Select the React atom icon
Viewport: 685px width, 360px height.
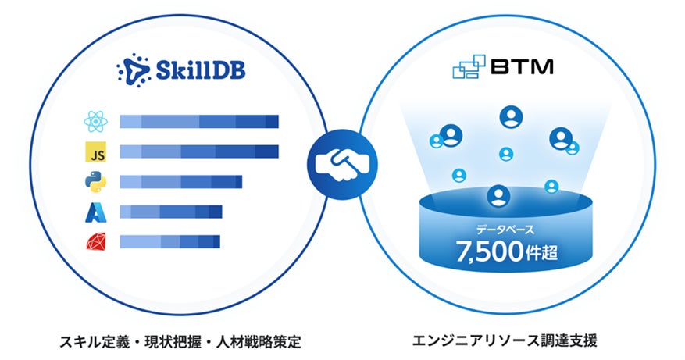click(94, 122)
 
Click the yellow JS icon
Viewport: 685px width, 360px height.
click(94, 151)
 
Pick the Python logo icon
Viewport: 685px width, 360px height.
click(94, 181)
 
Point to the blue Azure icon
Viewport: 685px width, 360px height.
click(94, 211)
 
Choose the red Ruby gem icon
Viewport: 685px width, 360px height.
click(94, 241)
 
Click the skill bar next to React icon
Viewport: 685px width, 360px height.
click(199, 121)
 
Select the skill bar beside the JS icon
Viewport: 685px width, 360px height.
click(199, 151)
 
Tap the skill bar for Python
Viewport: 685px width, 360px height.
click(180, 181)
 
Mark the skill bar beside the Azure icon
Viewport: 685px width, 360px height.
click(171, 211)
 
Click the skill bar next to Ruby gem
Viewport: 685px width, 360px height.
click(169, 241)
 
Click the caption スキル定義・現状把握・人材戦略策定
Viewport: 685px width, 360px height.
click(180, 341)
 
